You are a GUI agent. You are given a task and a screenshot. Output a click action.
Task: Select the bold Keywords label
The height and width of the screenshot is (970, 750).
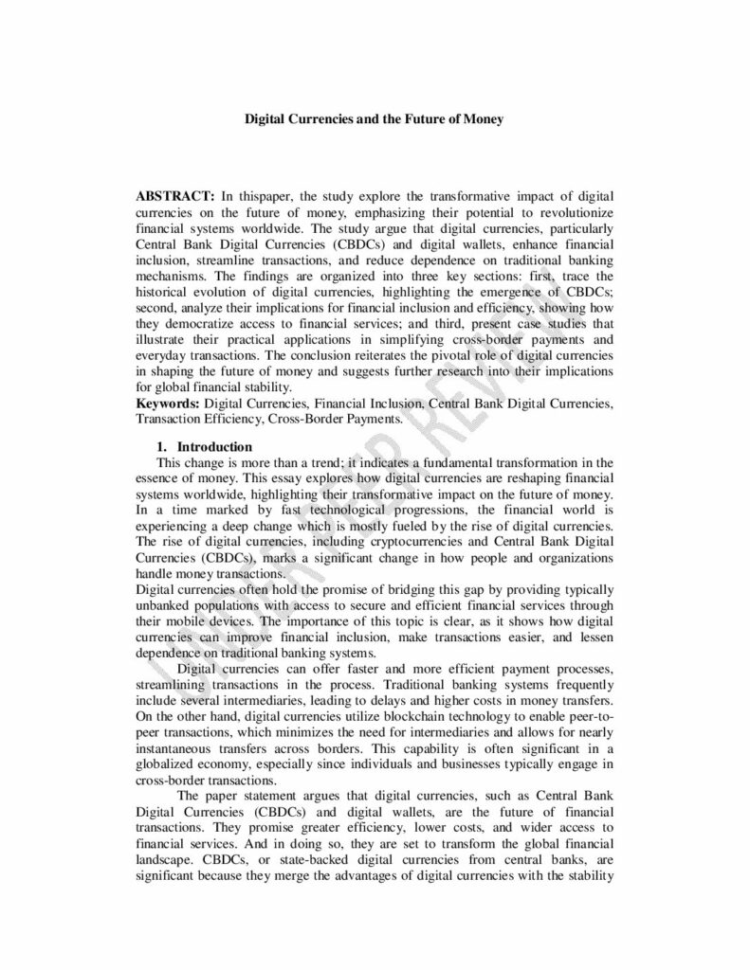(x=168, y=404)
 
